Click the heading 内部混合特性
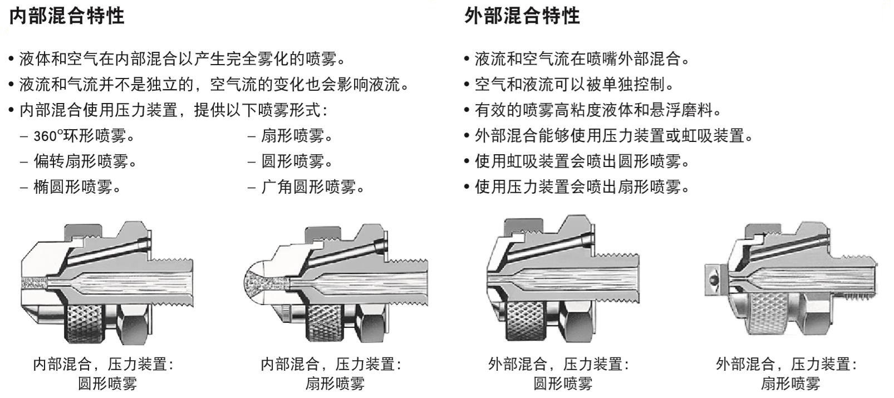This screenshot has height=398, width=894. click(66, 16)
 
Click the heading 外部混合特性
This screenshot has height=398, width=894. click(522, 16)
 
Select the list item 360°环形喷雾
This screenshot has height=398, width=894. click(83, 136)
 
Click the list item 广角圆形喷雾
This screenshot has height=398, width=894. click(312, 187)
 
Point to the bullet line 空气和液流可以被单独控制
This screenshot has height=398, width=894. click(573, 85)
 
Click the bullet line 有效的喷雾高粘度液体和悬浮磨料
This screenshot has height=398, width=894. click(597, 110)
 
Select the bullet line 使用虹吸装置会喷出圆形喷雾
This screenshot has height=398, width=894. click(581, 161)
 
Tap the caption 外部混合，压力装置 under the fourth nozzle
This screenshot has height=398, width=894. click(785, 365)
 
